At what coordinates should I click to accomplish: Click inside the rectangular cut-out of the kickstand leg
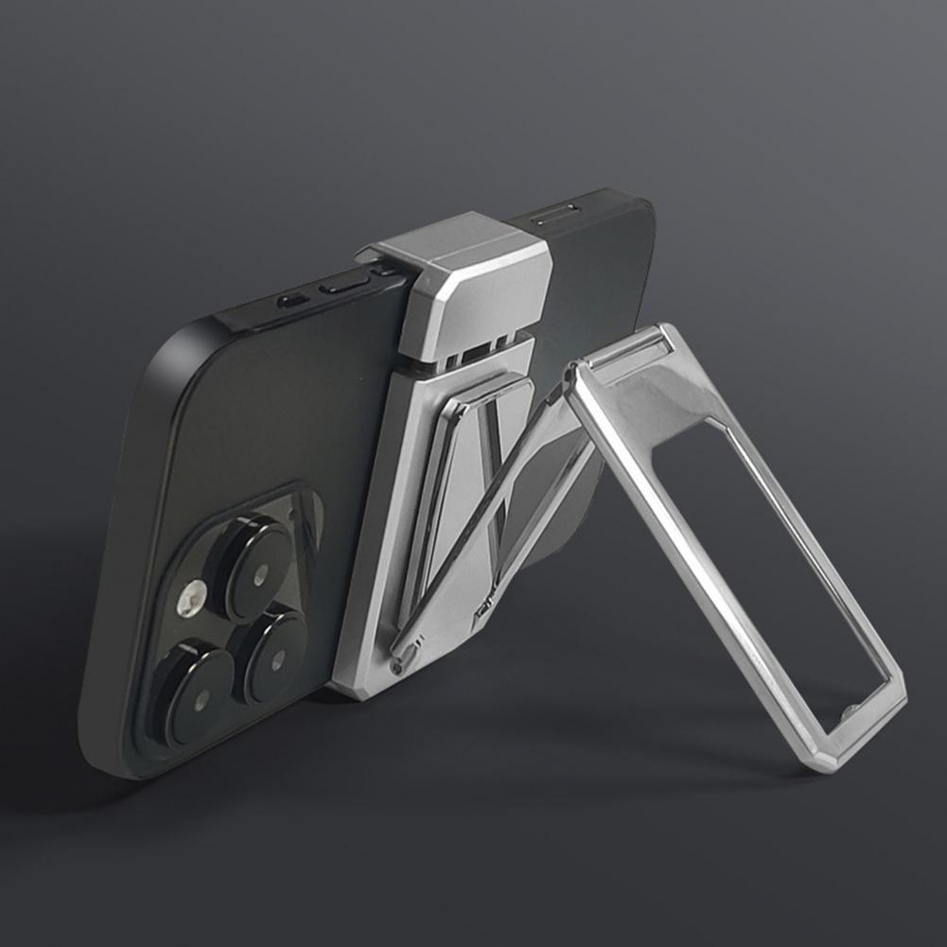tap(776, 558)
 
